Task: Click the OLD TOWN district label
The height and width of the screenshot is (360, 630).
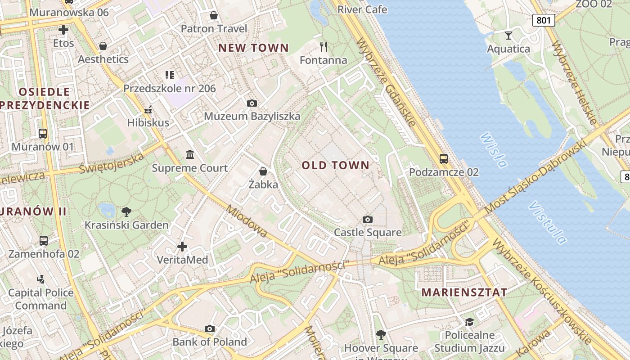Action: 335,165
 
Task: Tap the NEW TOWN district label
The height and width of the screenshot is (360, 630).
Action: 253,48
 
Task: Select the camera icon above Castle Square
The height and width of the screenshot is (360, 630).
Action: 368,219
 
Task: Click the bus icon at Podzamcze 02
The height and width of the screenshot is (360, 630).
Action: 444,158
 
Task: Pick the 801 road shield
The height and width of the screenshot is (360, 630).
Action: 544,20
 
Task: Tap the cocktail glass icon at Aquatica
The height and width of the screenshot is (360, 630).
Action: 508,35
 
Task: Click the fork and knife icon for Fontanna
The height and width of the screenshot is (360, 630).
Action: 323,46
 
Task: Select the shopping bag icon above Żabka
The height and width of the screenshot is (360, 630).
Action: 263,171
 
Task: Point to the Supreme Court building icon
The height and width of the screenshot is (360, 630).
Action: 190,155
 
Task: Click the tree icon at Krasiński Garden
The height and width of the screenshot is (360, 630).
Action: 127,211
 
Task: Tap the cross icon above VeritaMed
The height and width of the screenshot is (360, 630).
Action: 182,247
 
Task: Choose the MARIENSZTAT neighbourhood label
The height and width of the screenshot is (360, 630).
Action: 464,292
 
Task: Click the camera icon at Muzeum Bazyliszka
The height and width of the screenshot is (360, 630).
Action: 252,103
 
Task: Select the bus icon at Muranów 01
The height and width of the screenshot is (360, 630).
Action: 43,133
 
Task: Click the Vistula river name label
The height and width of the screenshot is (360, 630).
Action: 547,222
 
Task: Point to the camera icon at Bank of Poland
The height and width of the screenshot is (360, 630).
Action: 210,328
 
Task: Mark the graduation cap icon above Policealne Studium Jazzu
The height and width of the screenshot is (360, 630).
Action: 469,322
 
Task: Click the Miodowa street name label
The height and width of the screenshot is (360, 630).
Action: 247,221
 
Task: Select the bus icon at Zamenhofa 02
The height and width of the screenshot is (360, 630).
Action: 44,240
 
